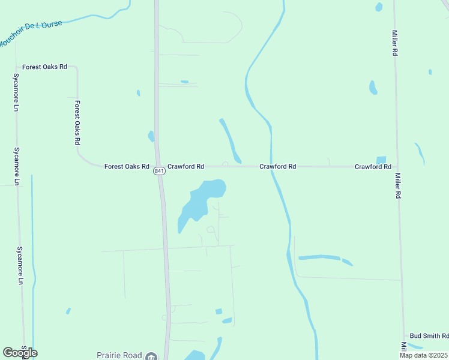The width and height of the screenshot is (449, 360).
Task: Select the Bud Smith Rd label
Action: point(429,336)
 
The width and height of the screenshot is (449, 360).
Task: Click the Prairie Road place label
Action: point(120,355)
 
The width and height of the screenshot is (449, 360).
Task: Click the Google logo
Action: point(20,352)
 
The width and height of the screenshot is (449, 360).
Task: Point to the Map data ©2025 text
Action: point(423,355)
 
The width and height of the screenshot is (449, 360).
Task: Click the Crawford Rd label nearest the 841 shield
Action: point(185,166)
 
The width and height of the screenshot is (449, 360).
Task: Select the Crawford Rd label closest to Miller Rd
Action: point(373,166)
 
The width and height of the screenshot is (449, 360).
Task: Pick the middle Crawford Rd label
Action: point(277,166)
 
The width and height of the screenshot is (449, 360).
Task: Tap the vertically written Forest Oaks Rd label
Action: point(77,122)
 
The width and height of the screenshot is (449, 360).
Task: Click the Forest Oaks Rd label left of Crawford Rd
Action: point(126,166)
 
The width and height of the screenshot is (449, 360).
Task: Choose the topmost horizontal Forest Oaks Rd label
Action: point(44,67)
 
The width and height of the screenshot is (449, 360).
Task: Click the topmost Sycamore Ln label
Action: point(16,93)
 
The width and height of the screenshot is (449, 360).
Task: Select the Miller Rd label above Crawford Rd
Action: point(395,43)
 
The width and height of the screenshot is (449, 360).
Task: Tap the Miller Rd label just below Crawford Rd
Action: point(397,186)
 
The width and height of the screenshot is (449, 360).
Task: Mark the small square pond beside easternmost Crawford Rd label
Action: point(381,160)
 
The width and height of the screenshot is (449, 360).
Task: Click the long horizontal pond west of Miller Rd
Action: point(320,257)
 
